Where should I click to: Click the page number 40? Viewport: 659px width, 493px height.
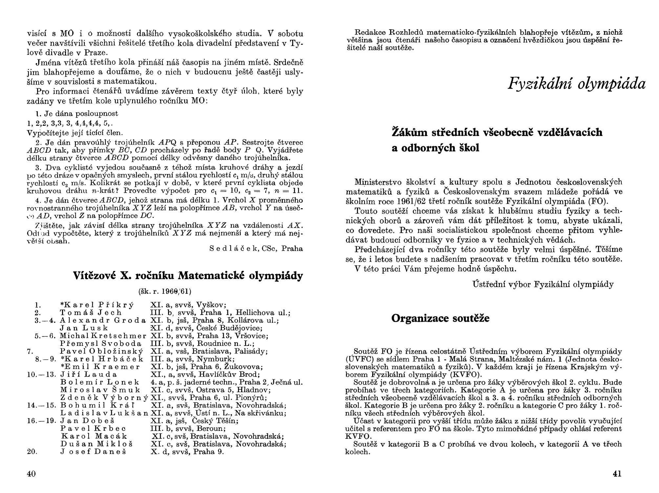pos(31,474)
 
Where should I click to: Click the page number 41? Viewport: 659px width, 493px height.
pos(617,474)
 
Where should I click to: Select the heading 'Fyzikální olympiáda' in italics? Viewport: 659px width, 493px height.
pos(576,84)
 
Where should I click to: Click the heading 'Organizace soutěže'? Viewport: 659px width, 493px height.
pos(440,318)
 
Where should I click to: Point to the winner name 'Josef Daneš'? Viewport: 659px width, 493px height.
pos(93,452)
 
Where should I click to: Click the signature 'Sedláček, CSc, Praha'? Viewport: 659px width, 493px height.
pos(256,248)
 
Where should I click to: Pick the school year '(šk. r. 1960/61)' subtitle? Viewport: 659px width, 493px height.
pos(165,291)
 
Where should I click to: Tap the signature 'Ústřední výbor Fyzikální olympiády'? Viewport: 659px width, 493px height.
pos(543,284)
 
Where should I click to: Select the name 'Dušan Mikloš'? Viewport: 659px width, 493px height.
pos(97,444)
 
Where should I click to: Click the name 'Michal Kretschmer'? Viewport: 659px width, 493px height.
pos(103,336)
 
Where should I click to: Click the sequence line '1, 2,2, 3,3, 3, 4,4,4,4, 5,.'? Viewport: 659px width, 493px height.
pos(70,123)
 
